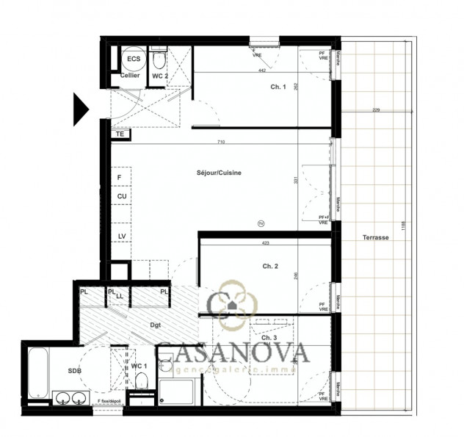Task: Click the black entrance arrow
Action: pyautogui.click(x=80, y=108)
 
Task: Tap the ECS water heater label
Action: pyautogui.click(x=133, y=59)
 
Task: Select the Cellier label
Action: pyautogui.click(x=130, y=76)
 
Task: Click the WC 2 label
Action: pyautogui.click(x=160, y=76)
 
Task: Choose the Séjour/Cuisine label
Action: pyautogui.click(x=219, y=173)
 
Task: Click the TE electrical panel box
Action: pyautogui.click(x=120, y=134)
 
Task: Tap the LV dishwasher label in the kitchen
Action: pyautogui.click(x=122, y=235)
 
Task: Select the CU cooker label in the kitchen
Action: pyautogui.click(x=122, y=196)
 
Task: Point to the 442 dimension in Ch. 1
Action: pyautogui.click(x=261, y=71)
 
